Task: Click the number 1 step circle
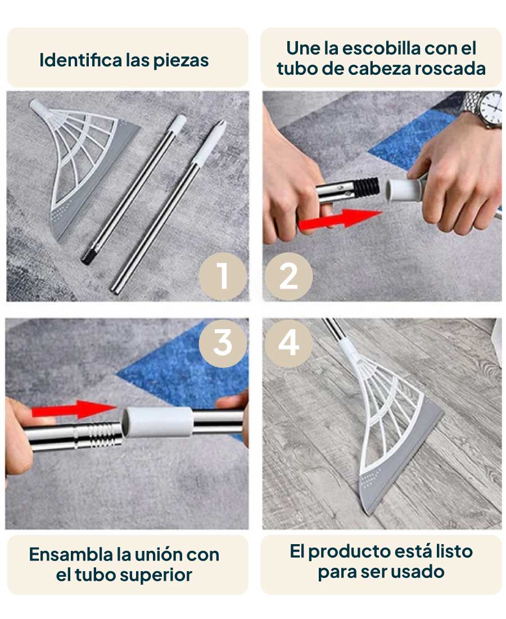tap(223, 276)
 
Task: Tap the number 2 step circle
tap(288, 276)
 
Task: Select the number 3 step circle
tap(223, 343)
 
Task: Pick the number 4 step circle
tap(288, 343)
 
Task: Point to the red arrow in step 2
tap(340, 219)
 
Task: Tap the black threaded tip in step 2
tap(365, 187)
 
